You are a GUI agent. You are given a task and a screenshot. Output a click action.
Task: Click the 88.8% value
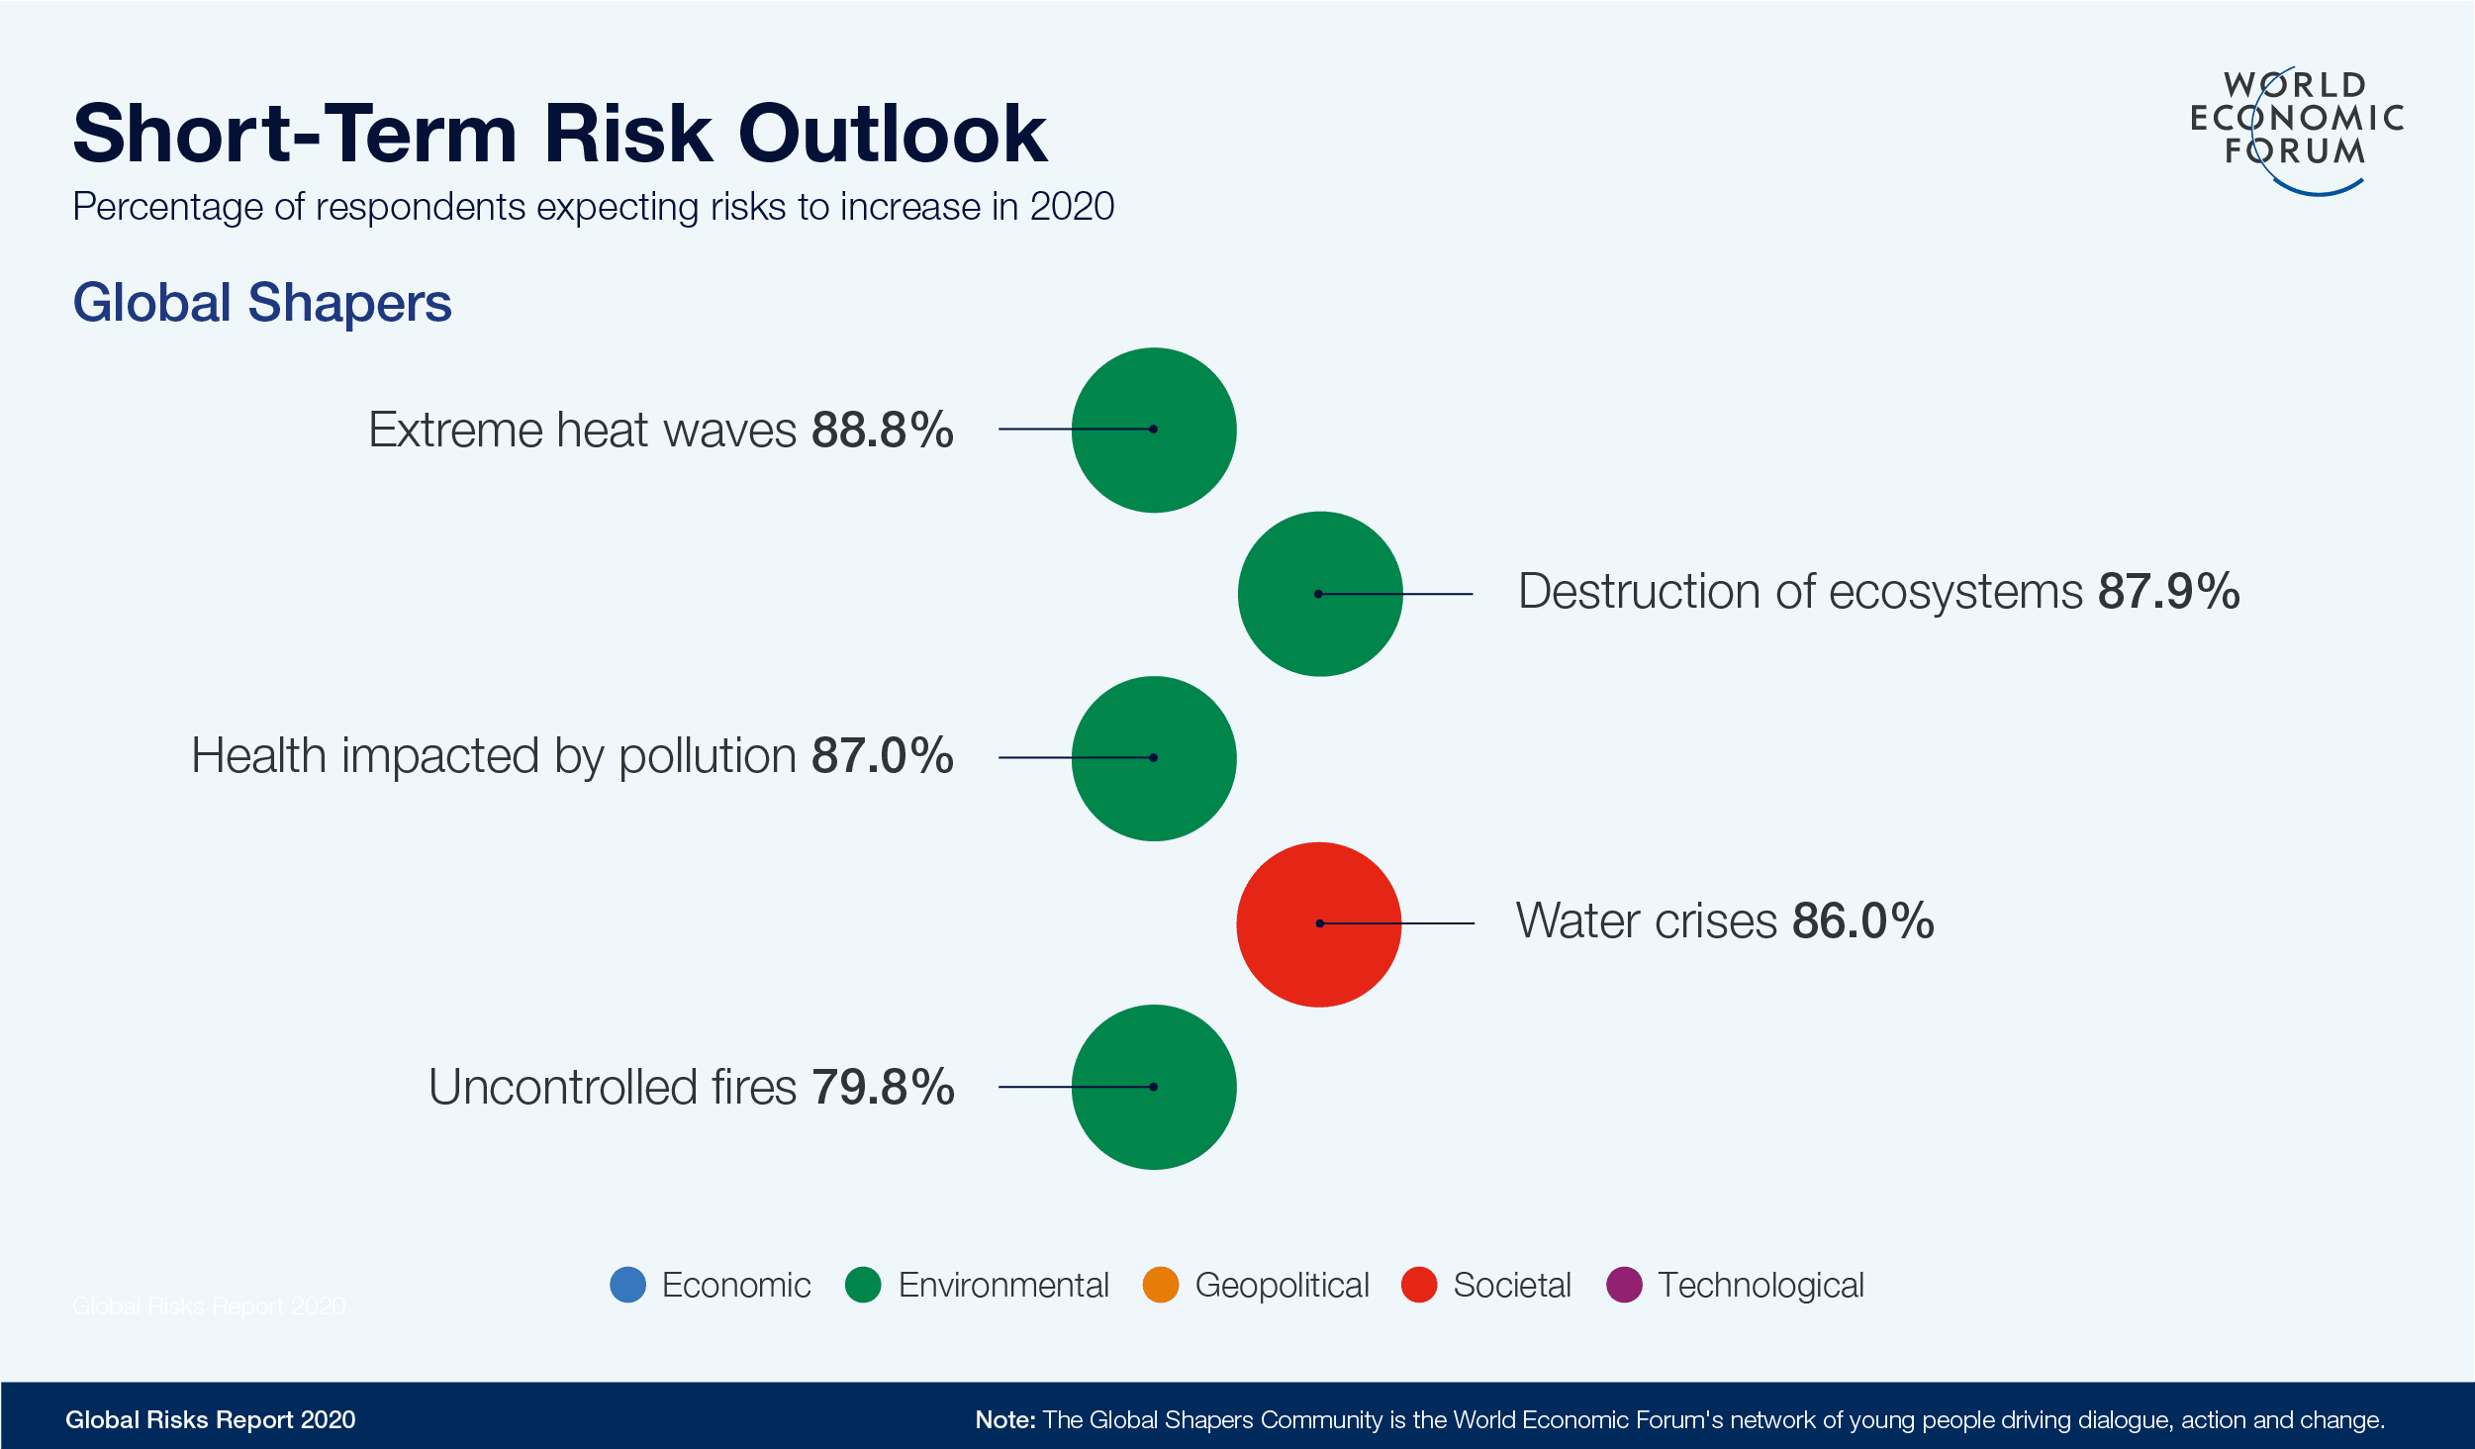point(882,431)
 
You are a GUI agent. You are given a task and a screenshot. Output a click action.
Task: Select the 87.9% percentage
point(2168,592)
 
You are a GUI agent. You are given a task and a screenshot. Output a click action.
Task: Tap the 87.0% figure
point(882,756)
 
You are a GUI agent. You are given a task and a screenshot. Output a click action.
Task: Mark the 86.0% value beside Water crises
point(1862,921)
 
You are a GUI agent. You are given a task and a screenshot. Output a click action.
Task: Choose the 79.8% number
point(883,1088)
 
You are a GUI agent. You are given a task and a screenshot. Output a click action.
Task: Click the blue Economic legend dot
point(628,1285)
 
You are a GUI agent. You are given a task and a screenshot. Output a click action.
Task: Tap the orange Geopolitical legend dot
point(1161,1285)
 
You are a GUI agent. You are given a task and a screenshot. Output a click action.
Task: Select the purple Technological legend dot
point(1624,1285)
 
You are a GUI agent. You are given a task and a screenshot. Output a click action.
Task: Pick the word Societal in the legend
point(1511,1286)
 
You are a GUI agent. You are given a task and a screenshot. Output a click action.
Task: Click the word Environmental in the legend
point(1003,1286)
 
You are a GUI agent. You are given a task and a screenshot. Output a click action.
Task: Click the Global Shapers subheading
point(262,303)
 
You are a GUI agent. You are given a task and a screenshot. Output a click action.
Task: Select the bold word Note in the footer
point(1003,1420)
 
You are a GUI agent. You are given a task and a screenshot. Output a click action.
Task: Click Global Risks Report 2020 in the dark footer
point(210,1420)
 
